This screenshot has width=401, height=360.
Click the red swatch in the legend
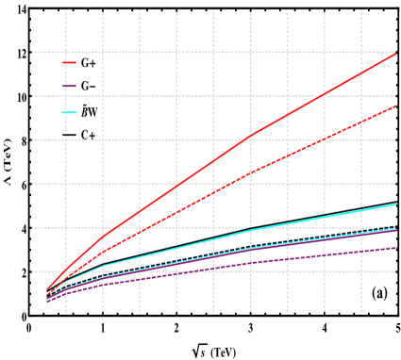(69, 62)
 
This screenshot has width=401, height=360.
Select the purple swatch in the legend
(69, 87)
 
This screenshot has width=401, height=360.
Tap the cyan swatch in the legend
(69, 112)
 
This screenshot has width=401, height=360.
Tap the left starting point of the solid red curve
(46, 288)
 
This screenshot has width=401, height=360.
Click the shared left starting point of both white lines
(46, 311)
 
